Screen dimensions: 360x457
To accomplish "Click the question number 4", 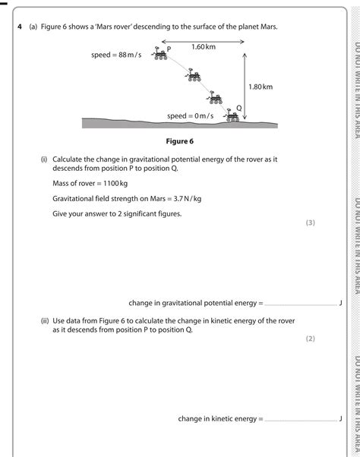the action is (20, 27).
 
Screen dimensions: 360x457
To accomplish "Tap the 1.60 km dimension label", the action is (204, 46).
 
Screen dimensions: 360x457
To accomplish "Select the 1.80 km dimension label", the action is (261, 87).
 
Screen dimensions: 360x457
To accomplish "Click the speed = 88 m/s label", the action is (116, 55).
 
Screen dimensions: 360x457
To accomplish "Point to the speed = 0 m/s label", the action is (191, 116).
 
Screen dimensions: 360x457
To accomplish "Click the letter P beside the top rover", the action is (169, 49).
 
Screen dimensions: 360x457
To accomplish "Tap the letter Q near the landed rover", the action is (239, 108).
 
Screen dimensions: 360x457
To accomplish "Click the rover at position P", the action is (159, 53).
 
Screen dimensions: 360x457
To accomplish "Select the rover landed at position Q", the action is (232, 115).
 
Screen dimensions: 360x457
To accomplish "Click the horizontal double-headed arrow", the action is (203, 42).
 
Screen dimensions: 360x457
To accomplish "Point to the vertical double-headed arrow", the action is (245, 87).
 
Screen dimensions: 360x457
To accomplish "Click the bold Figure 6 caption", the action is (179, 141).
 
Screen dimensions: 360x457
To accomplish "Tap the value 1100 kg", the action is (115, 184).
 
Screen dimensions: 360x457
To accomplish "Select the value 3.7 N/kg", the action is (188, 199).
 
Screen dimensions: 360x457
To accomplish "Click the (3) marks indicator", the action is (311, 222).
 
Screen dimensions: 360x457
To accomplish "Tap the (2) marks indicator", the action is (311, 339).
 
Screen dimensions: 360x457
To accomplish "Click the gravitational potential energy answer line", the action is (301, 305).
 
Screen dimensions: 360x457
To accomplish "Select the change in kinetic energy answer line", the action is (301, 421).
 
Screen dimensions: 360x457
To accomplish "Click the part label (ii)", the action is (45, 321).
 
